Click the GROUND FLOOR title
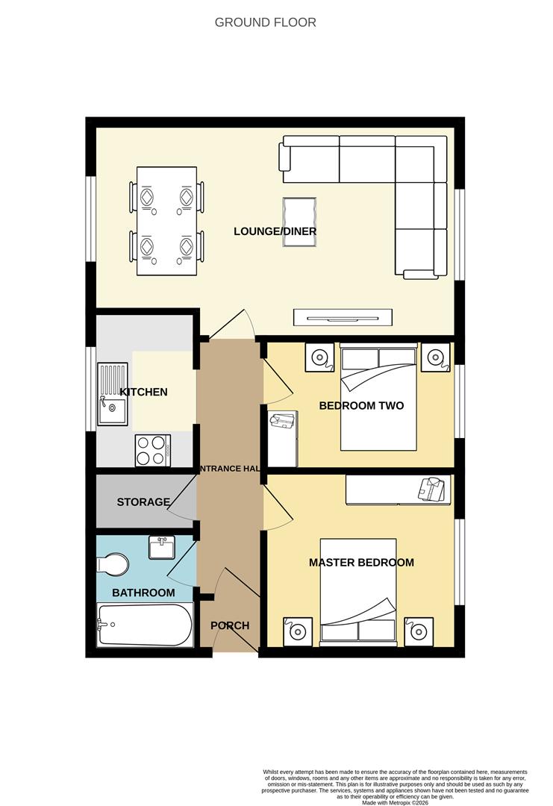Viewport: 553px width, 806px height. pos(265,22)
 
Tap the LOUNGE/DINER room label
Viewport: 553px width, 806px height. pos(275,231)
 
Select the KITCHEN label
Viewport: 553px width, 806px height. pos(143,392)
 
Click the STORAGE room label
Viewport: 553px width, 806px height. pos(143,502)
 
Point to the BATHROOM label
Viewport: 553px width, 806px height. pos(143,593)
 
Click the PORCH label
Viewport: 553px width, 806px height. pos(230,625)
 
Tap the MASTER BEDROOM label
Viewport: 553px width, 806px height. pos(361,562)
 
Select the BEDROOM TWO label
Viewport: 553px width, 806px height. pos(361,406)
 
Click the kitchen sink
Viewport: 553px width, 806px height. pos(113,406)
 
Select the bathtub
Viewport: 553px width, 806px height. pos(145,625)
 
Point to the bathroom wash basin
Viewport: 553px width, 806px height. pos(162,548)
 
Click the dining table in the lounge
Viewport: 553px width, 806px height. pos(167,221)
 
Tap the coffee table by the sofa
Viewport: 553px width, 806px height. pos(299,216)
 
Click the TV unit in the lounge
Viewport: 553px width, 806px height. pos(343,317)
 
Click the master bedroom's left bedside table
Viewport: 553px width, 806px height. pos(297,631)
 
